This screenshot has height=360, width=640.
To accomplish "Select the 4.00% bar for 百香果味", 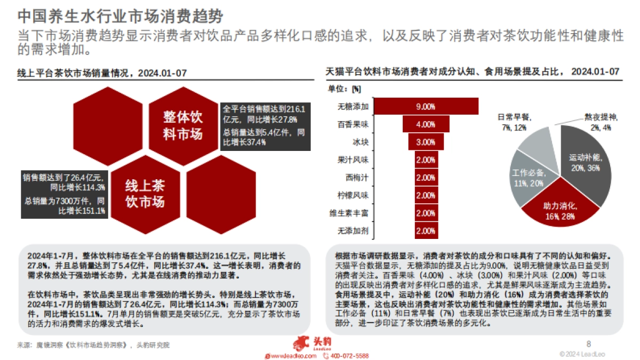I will point(426,125).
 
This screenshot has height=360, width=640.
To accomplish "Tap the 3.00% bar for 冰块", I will point(426,142).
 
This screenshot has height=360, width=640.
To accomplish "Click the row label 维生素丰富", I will point(349,213).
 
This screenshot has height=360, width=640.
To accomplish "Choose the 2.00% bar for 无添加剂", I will point(426,231).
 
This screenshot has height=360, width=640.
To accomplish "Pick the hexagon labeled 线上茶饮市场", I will point(145,194).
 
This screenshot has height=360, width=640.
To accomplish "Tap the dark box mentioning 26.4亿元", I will point(64,193).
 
